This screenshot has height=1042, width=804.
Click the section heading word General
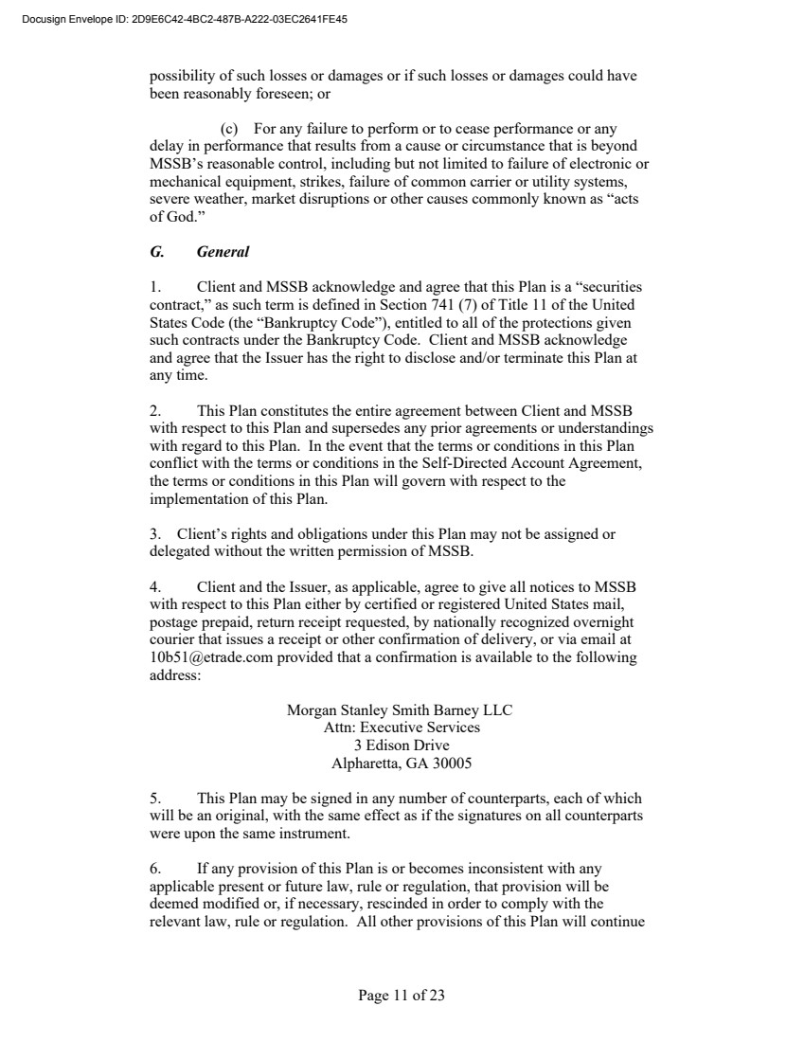click(x=223, y=252)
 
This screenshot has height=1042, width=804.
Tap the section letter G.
click(x=156, y=252)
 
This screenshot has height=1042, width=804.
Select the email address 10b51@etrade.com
click(x=207, y=657)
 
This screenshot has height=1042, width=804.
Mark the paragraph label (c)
click(x=229, y=129)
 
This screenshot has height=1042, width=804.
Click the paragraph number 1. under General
click(x=156, y=287)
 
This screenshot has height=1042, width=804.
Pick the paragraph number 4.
click(x=156, y=587)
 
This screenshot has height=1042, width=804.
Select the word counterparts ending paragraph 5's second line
click(x=605, y=816)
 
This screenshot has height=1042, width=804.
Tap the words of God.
click(x=177, y=217)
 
